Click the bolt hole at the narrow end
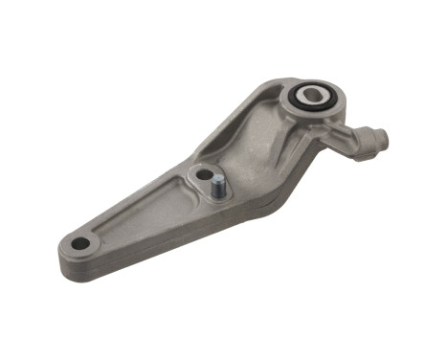click(x=81, y=243)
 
